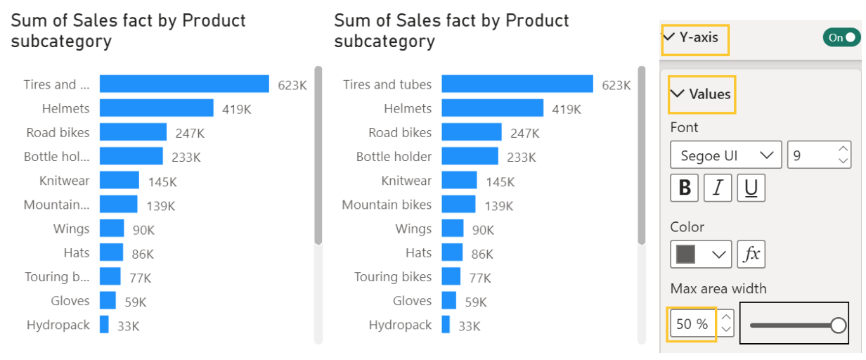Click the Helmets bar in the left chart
coord(156,108)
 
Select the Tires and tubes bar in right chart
coord(517,84)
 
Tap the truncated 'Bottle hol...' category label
coord(57,156)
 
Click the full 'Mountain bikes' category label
coord(387,205)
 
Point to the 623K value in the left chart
coord(292,85)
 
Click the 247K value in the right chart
coord(524,133)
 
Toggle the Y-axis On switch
coord(841,38)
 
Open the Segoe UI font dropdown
coord(725,155)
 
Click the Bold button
coord(685,188)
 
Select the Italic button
coord(718,188)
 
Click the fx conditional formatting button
coord(751,255)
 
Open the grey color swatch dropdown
coord(701,255)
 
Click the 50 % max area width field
coord(692,324)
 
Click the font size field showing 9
coord(812,155)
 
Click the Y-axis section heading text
coord(698,38)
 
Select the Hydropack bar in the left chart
coord(104,325)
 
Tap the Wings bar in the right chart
coord(453,229)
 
